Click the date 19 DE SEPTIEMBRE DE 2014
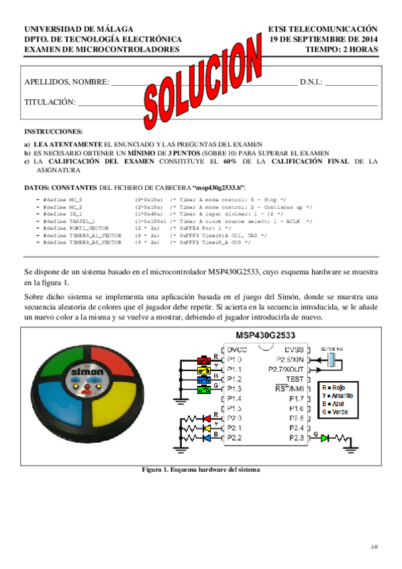point(323,40)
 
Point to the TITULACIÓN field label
point(50,102)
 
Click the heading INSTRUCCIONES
point(54,132)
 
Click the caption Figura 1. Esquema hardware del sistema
point(201,450)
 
